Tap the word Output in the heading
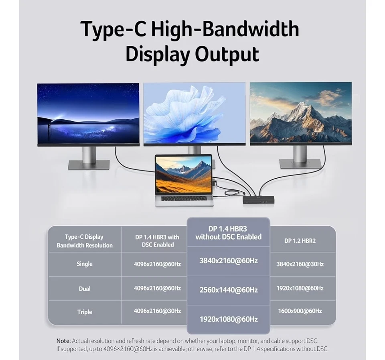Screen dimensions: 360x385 pyautogui.click(x=227, y=55)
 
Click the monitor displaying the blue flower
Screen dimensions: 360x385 pyautogui.click(x=195, y=113)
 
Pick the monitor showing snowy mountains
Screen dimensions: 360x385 pyautogui.click(x=300, y=113)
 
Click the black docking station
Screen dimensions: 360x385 pyautogui.click(x=258, y=199)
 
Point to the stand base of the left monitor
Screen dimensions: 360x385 pyautogui.click(x=89, y=165)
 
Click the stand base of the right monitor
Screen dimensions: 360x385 pyautogui.click(x=300, y=163)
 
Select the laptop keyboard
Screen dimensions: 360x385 pyautogui.click(x=184, y=198)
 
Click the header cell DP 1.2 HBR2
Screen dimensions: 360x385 pyautogui.click(x=300, y=241)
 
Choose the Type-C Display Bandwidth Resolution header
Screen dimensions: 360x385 pyautogui.click(x=84, y=241)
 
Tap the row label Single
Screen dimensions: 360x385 pyautogui.click(x=84, y=264)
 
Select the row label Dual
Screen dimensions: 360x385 pyautogui.click(x=84, y=289)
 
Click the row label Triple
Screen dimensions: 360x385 pyautogui.click(x=84, y=312)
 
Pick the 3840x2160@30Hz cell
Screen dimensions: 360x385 pyautogui.click(x=300, y=264)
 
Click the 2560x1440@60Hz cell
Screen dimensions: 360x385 pyautogui.click(x=228, y=290)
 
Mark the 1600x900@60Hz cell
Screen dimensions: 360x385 pyautogui.click(x=300, y=311)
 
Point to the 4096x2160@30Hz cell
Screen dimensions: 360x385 pyautogui.click(x=157, y=311)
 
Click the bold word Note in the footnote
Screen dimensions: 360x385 pyautogui.click(x=63, y=341)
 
